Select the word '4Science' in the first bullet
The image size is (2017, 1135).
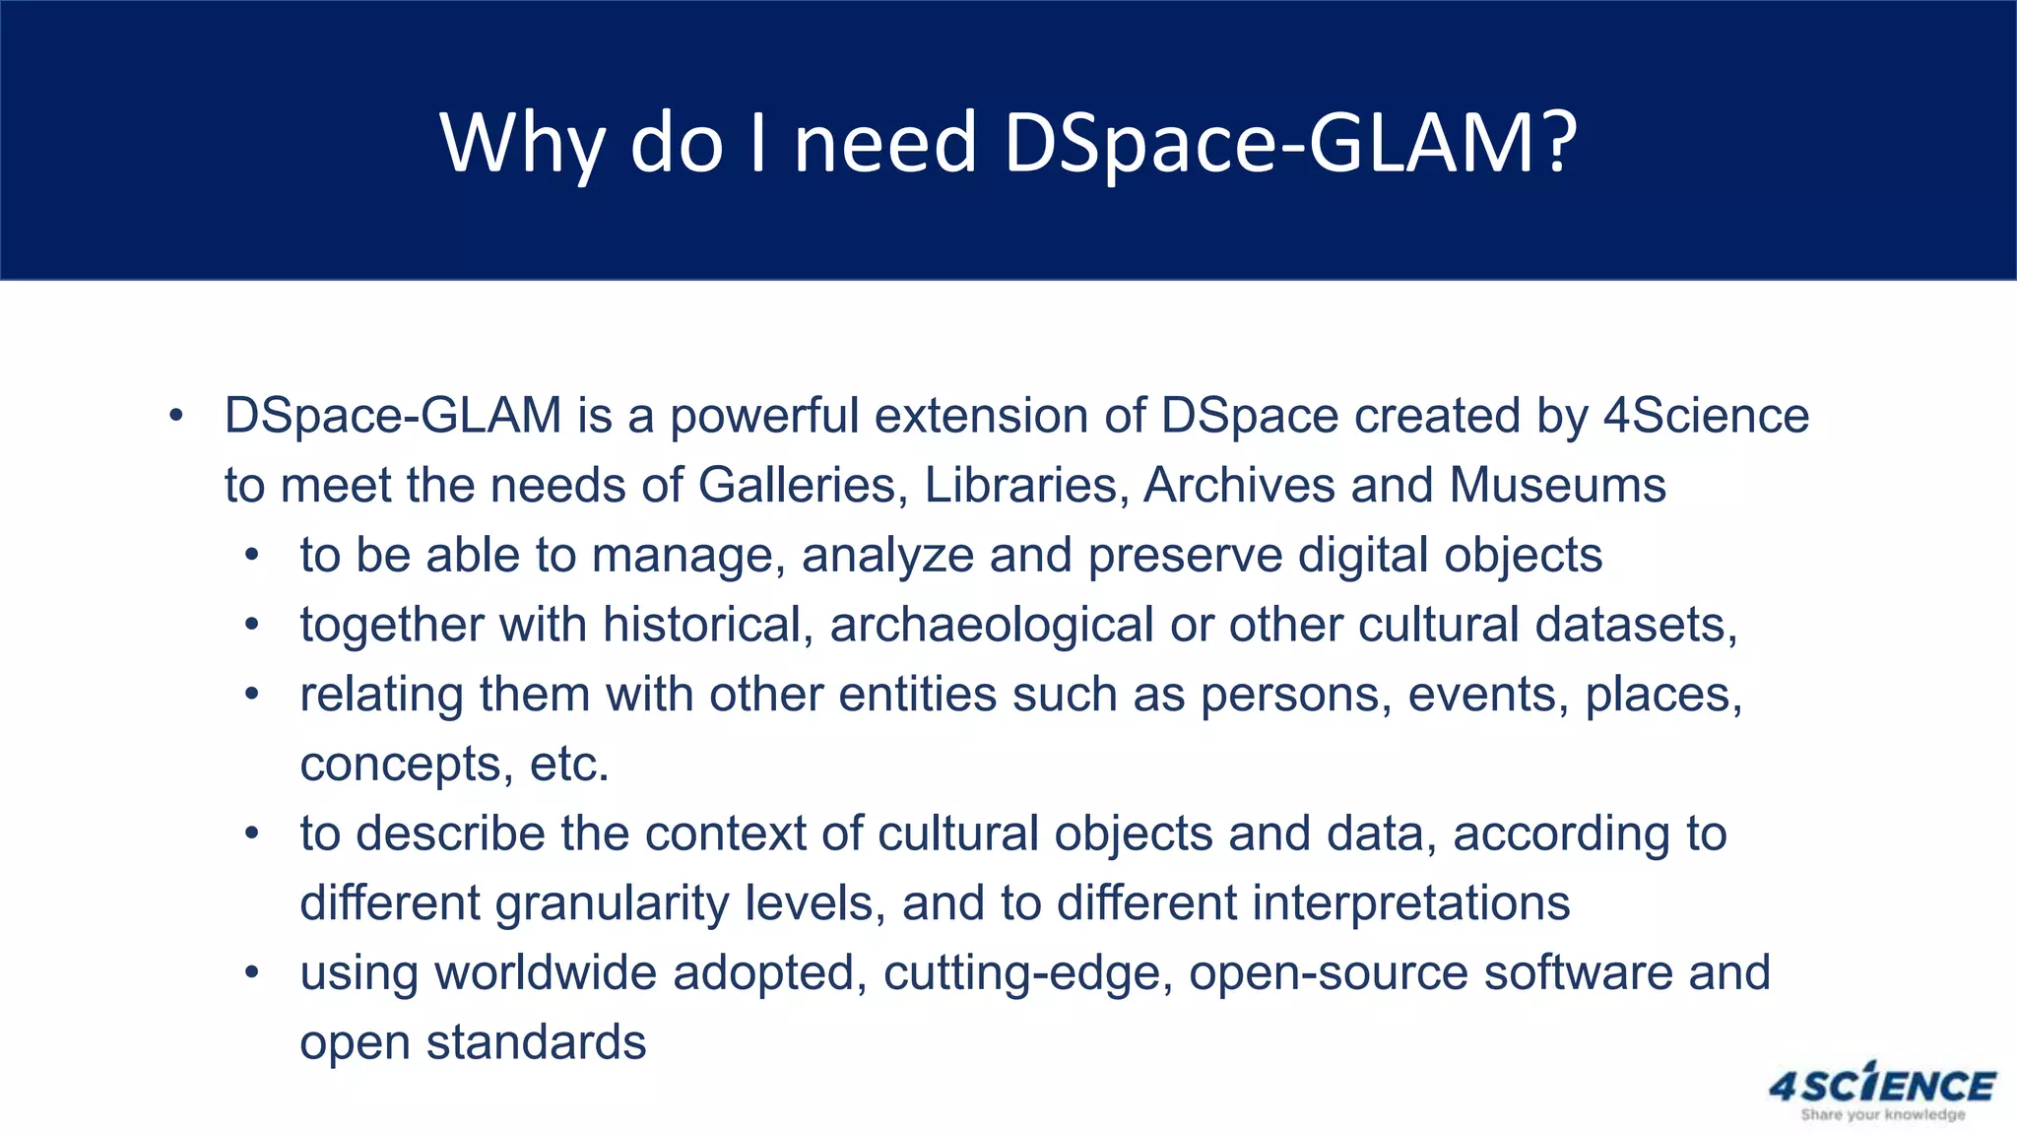(x=1706, y=416)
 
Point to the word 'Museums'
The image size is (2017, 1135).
(x=1557, y=486)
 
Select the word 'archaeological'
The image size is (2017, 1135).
(x=992, y=626)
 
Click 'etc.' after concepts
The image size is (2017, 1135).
(x=569, y=765)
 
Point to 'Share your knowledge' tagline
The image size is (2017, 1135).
(x=1882, y=1115)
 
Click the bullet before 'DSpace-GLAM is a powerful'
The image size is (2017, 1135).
(x=175, y=416)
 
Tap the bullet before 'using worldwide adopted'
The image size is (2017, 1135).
(x=252, y=973)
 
